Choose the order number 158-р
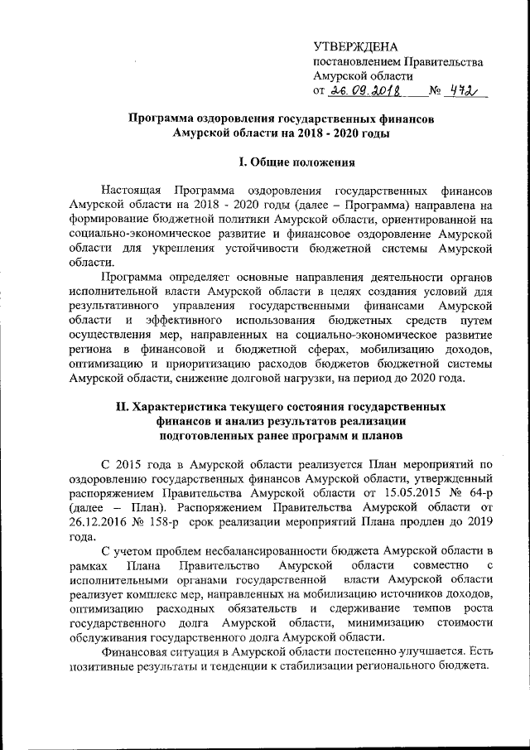159,521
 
